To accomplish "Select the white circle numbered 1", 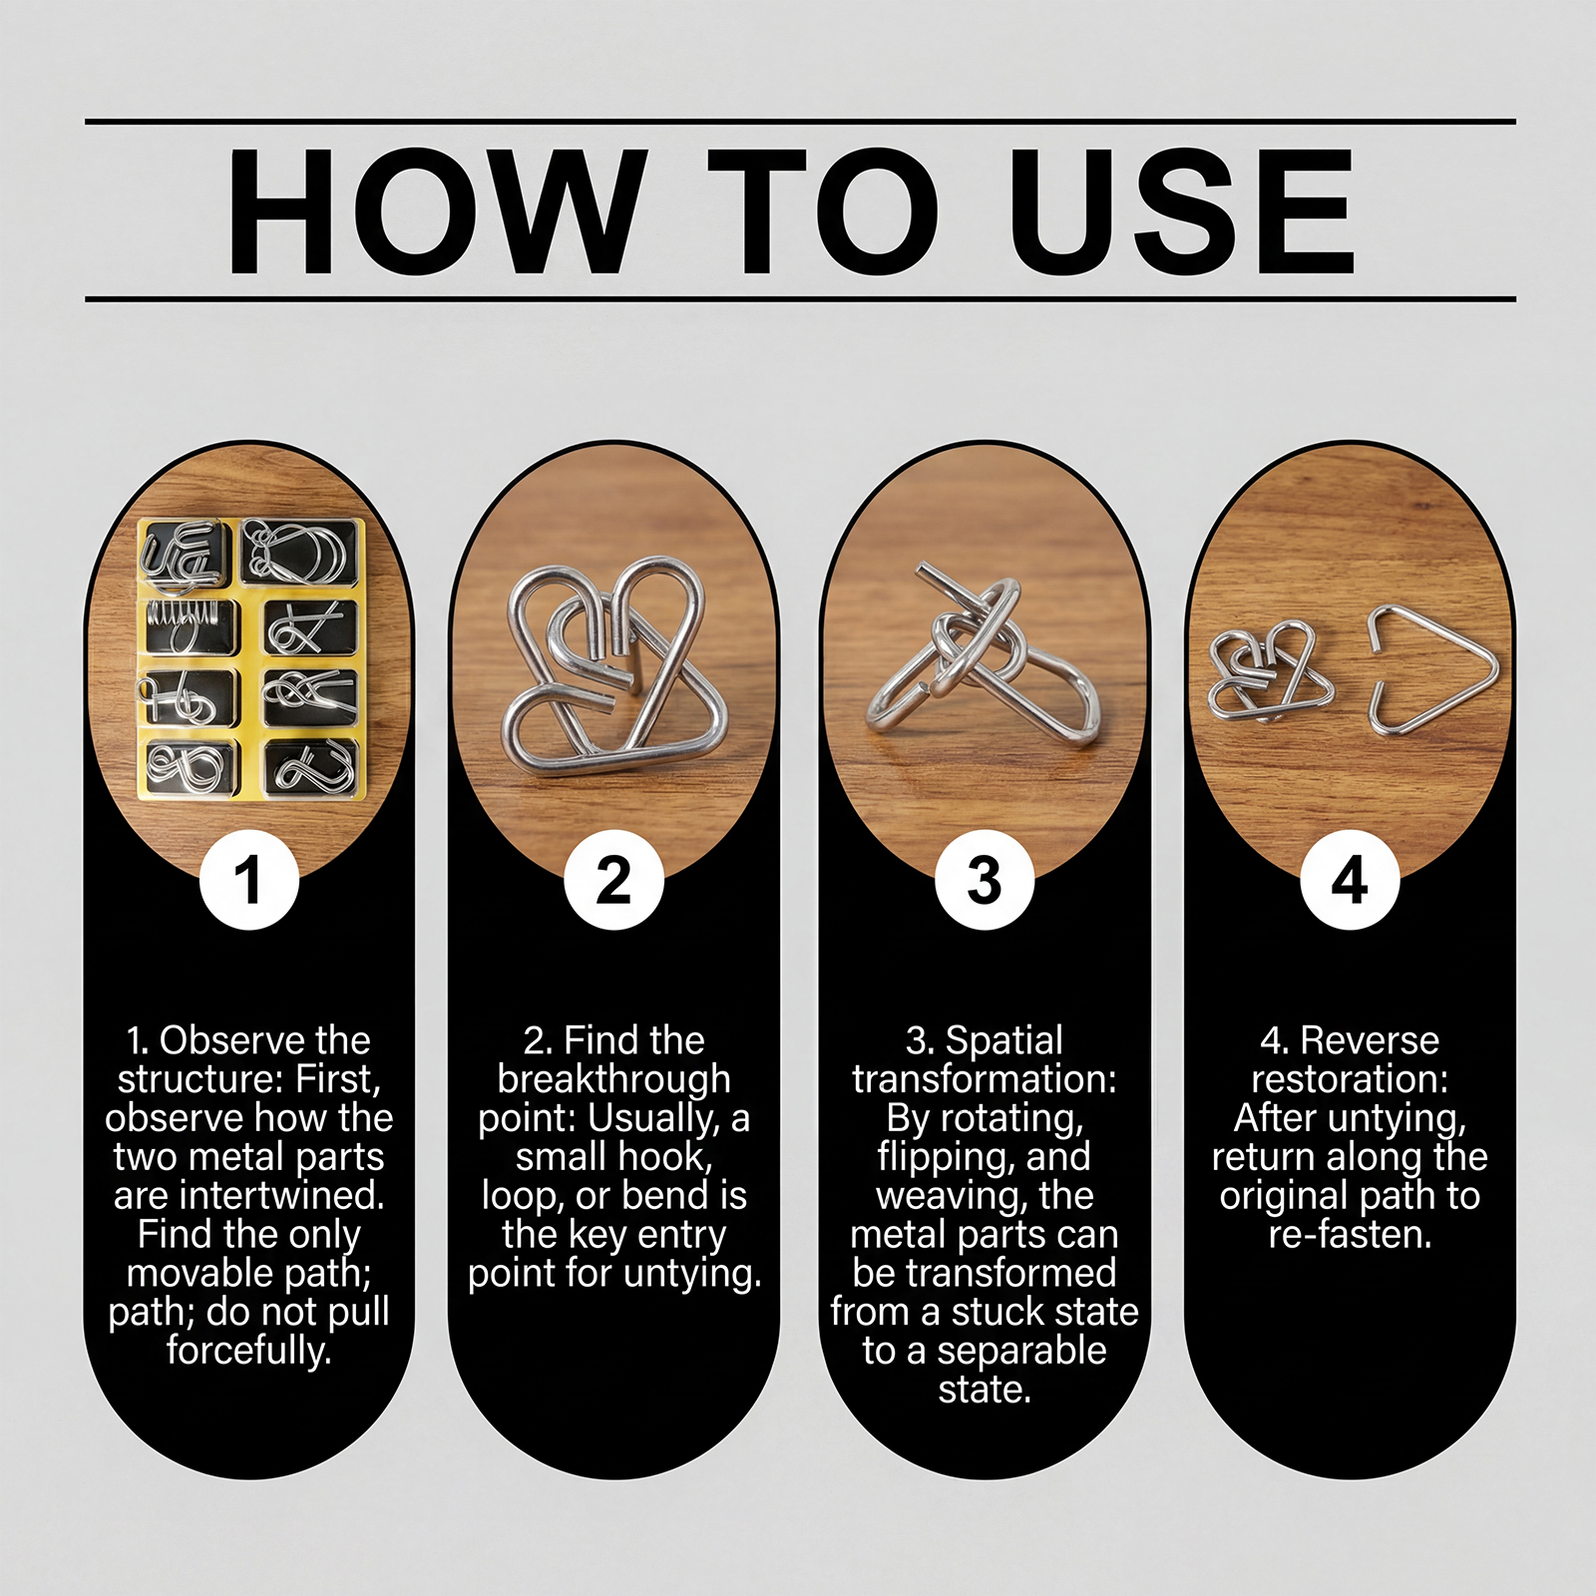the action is pyautogui.click(x=249, y=880).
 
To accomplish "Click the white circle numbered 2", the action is pyautogui.click(x=614, y=880).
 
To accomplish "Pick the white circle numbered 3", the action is pyautogui.click(x=985, y=880).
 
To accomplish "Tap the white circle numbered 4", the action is pyautogui.click(x=1350, y=880).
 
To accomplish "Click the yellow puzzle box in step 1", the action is pyautogui.click(x=251, y=658).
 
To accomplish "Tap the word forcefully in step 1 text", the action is pyautogui.click(x=249, y=1351).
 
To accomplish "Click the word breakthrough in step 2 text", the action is pyautogui.click(x=614, y=1079).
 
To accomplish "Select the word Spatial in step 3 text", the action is pyautogui.click(x=1004, y=1041).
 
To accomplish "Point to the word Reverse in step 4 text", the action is pyautogui.click(x=1371, y=1041).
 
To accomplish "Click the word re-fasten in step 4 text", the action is pyautogui.click(x=1350, y=1235).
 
